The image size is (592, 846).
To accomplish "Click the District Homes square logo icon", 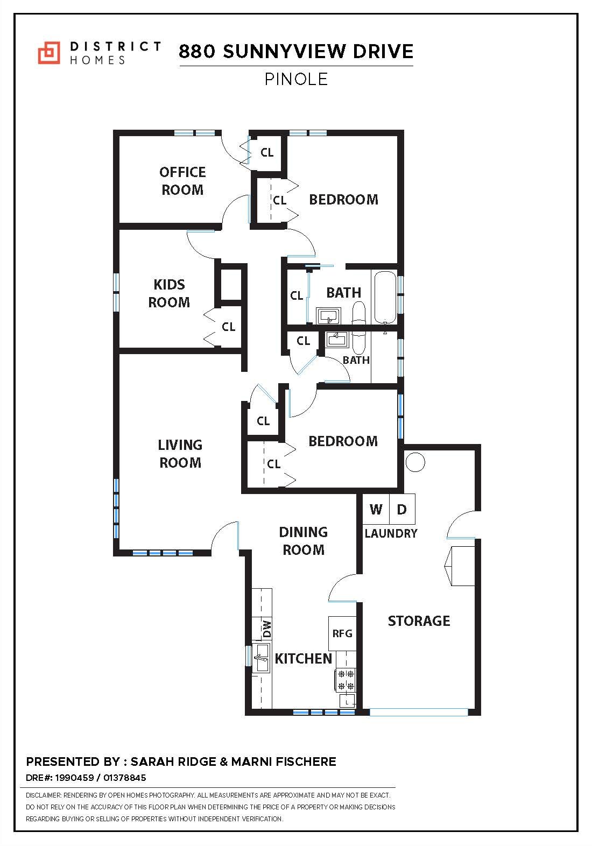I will [x=49, y=52].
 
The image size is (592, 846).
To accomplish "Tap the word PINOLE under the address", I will [x=296, y=79].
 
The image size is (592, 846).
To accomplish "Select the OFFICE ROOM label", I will [x=182, y=181].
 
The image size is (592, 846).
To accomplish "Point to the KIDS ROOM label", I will [x=169, y=293].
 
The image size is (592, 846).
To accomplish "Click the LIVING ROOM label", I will [x=180, y=454].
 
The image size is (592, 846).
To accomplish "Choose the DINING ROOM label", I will [x=303, y=541].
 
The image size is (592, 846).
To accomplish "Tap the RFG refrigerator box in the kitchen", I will [x=342, y=633].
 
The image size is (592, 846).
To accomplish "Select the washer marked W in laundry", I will [x=376, y=509].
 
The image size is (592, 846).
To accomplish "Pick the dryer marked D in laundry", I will [x=401, y=509].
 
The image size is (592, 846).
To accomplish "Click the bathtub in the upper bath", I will [x=385, y=297].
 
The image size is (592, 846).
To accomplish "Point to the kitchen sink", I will [x=262, y=657].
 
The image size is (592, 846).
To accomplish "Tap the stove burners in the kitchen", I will [x=346, y=680].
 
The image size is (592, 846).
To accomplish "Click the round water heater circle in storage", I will [x=415, y=462].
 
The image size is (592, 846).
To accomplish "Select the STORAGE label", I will [x=419, y=621].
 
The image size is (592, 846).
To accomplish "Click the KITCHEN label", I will [x=304, y=659].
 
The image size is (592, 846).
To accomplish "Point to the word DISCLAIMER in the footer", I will [x=44, y=795].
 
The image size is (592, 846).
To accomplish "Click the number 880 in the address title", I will [x=198, y=52].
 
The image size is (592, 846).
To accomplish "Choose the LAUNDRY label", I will [x=391, y=533].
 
